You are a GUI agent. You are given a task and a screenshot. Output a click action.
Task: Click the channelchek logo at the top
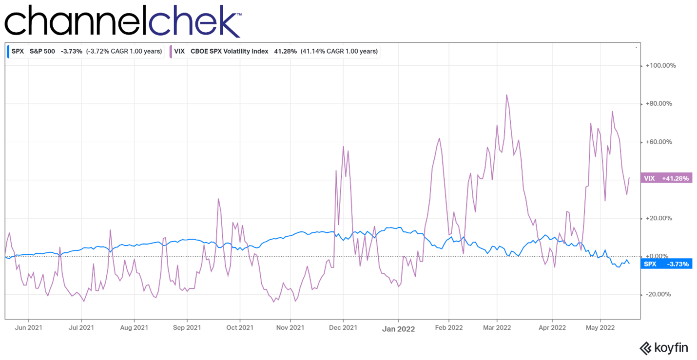[122, 20]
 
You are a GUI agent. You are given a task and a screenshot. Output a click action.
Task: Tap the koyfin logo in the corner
[663, 348]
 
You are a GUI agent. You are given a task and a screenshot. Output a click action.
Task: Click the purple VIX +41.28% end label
[666, 178]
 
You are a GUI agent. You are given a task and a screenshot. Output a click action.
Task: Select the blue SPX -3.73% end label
[666, 264]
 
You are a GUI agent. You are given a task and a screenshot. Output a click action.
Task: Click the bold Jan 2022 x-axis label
[398, 329]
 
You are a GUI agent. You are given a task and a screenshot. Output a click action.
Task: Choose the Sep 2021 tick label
[187, 328]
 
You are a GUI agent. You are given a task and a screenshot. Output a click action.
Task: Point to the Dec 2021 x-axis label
[343, 328]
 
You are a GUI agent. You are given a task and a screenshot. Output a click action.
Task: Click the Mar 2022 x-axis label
[497, 328]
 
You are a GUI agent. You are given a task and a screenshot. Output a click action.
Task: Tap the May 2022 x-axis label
[600, 328]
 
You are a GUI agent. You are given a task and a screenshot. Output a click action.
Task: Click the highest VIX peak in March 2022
[506, 95]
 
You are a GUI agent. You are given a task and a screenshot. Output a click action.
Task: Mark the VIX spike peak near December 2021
[344, 147]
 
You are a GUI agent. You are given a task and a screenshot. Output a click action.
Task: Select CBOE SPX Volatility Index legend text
[229, 51]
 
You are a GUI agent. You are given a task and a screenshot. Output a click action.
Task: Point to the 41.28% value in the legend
[285, 51]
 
